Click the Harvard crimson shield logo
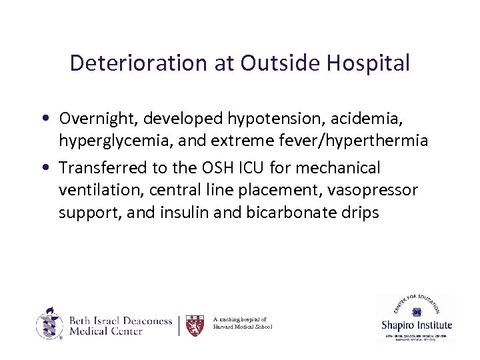(x=195, y=325)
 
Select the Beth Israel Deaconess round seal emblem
(x=48, y=324)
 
